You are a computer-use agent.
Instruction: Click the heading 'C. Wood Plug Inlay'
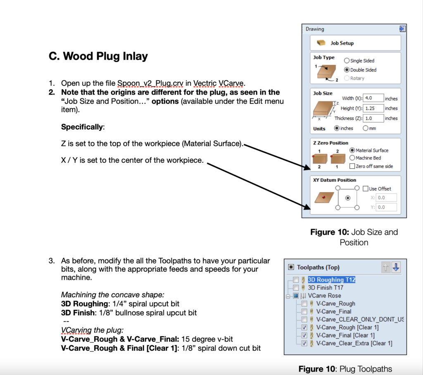98,56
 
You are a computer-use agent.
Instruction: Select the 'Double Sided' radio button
347,70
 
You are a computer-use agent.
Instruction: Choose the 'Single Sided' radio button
347,61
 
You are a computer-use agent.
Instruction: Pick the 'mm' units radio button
366,128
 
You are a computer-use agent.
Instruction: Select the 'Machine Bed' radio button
352,158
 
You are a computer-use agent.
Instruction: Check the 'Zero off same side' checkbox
352,166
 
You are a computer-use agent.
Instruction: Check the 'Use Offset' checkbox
365,189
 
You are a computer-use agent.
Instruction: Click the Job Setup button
355,43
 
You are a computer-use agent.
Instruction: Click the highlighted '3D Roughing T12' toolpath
331,279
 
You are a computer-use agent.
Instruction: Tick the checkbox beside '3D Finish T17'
295,287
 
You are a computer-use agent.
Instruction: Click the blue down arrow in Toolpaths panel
396,268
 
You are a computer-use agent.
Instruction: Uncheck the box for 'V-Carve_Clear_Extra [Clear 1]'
304,343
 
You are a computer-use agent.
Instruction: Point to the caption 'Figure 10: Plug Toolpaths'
345,369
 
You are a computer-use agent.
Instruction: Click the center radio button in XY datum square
347,198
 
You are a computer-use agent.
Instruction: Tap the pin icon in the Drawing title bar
402,29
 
